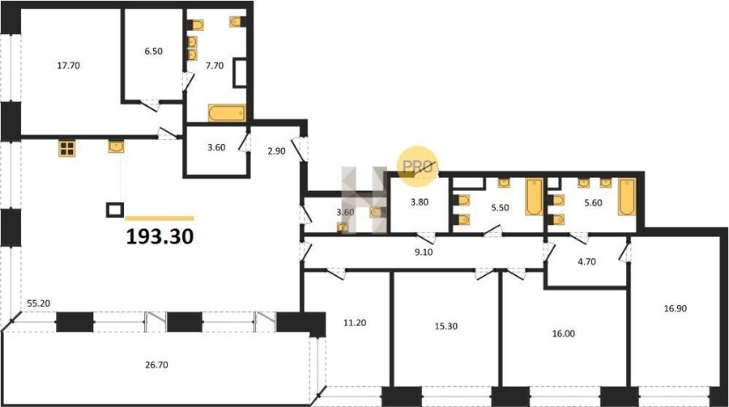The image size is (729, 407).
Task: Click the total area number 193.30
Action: (x=160, y=236)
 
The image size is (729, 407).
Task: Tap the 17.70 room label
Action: (x=68, y=66)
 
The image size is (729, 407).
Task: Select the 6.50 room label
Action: (x=153, y=51)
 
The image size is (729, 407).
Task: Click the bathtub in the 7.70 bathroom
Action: (x=227, y=113)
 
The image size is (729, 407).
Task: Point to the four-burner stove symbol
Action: (x=67, y=149)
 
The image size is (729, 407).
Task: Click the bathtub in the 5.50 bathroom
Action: (x=534, y=197)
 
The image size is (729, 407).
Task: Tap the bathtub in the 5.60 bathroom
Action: (x=627, y=197)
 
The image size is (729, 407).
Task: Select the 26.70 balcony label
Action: (x=156, y=365)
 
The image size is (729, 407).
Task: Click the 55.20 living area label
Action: (x=38, y=303)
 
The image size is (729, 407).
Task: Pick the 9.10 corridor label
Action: (x=424, y=252)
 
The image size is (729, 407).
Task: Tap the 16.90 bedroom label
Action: (x=675, y=308)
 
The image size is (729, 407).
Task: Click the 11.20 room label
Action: (x=355, y=323)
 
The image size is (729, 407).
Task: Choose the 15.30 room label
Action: (x=446, y=326)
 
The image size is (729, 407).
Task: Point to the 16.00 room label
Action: (x=564, y=333)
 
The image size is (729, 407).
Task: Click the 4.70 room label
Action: (x=586, y=261)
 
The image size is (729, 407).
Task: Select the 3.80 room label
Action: (x=420, y=202)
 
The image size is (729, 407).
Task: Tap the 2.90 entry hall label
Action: (x=277, y=151)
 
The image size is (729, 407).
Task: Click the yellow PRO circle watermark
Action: (x=417, y=167)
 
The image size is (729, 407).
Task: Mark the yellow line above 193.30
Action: (x=160, y=218)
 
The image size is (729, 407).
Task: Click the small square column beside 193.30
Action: (x=115, y=210)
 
